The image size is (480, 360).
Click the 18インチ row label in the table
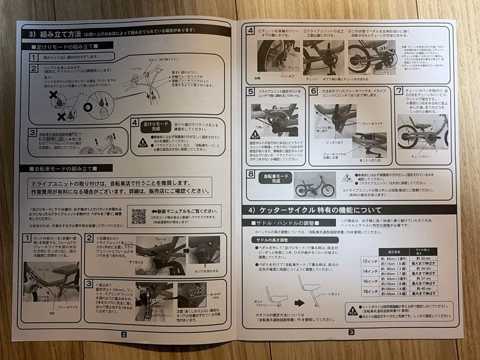[370, 291]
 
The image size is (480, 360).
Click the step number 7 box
[399, 90]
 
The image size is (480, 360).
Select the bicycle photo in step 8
[314, 184]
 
